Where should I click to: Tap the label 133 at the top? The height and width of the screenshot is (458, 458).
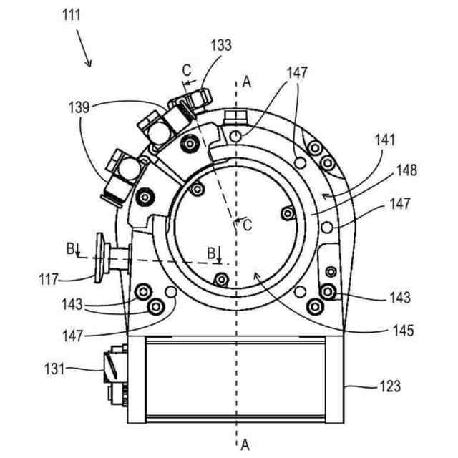tap(221, 44)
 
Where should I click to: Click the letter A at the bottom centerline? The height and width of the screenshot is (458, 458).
tap(245, 445)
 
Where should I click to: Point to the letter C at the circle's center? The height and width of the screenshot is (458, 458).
tap(247, 225)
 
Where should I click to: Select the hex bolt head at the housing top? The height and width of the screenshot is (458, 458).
tap(234, 117)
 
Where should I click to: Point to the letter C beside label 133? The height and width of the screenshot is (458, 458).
tap(187, 70)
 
